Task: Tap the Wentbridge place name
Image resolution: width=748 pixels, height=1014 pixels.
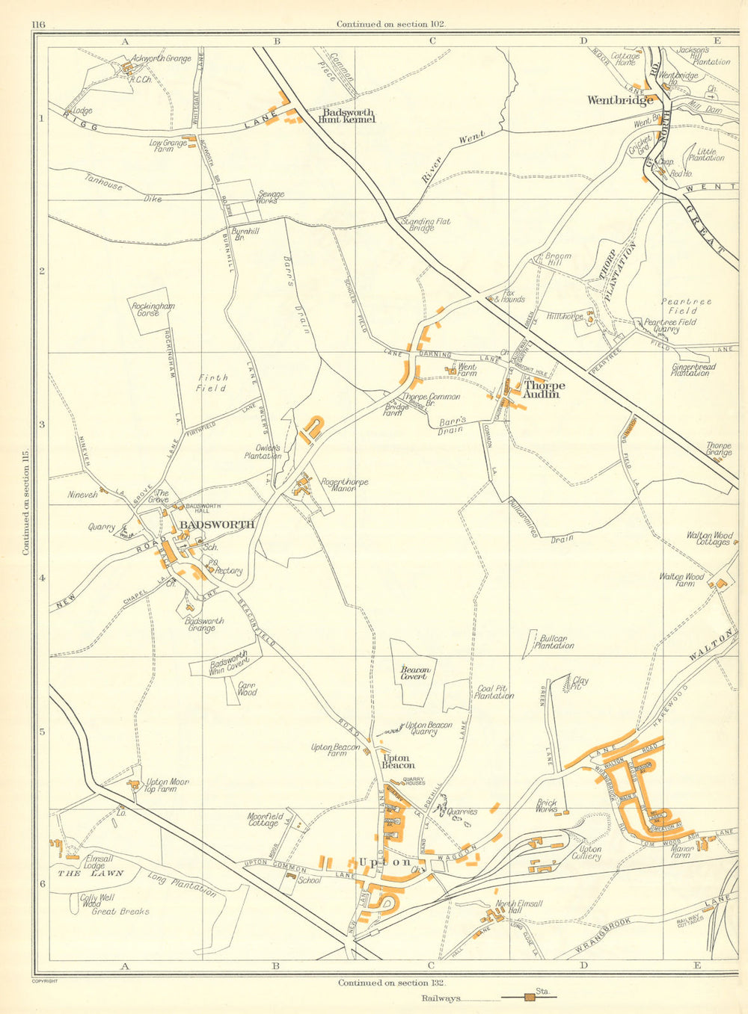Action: [x=620, y=100]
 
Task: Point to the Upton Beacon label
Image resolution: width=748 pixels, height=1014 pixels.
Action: [x=398, y=761]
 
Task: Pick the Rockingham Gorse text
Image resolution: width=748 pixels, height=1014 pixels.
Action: [x=153, y=309]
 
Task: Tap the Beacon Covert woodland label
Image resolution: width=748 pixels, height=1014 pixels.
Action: [x=415, y=673]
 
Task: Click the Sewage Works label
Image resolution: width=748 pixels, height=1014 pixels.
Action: [x=271, y=197]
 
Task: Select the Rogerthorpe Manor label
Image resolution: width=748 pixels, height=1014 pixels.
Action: [x=344, y=486]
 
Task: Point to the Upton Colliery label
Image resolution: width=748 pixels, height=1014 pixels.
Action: [x=590, y=853]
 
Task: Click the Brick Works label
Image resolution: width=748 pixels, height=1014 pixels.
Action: [x=547, y=806]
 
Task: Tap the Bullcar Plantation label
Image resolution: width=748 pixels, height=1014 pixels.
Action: [x=554, y=642]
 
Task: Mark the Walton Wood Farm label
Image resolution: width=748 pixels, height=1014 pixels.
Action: [x=681, y=580]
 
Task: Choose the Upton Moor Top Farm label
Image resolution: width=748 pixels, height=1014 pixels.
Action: [x=168, y=785]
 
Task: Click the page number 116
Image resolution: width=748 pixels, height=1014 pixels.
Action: [x=39, y=24]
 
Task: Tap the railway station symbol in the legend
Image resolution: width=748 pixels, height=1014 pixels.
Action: [x=530, y=997]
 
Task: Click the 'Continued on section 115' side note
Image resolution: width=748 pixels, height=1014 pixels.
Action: [x=25, y=504]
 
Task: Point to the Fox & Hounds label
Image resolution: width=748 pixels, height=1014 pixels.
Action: [x=514, y=296]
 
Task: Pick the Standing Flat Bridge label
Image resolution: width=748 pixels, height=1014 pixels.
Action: [x=418, y=224]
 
